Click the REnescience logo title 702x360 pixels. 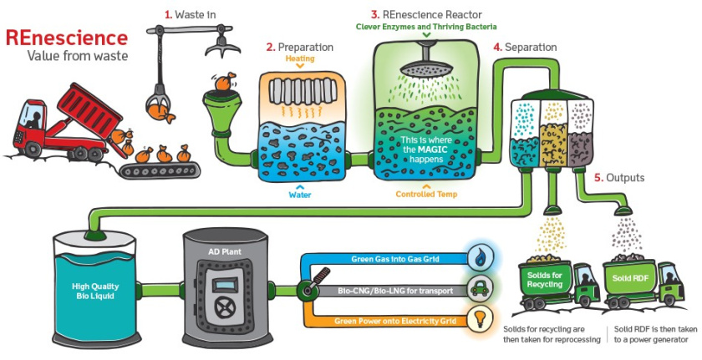click(67, 38)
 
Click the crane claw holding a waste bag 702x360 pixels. click(156, 104)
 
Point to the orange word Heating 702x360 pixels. click(300, 59)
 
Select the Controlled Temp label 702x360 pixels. click(426, 194)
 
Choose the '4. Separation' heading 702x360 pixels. click(525, 48)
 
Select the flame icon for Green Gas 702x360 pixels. click(481, 257)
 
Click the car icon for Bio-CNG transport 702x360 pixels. click(481, 287)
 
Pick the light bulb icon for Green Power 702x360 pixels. click(481, 318)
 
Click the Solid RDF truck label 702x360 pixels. click(628, 276)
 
